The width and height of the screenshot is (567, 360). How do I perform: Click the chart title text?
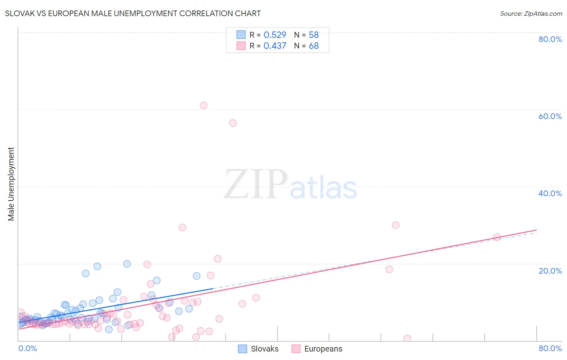[133, 13]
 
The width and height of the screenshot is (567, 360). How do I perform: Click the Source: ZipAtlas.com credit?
[531, 13]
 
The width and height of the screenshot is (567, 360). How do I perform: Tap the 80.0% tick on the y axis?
[550, 39]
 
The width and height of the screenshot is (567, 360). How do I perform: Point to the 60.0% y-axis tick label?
[550, 116]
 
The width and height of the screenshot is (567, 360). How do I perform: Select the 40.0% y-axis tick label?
[550, 193]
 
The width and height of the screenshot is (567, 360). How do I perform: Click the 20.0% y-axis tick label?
[550, 270]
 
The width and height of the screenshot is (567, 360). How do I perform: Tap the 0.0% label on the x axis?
[27, 348]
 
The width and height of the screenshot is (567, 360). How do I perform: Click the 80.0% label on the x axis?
[550, 348]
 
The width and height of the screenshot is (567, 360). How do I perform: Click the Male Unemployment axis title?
[11, 184]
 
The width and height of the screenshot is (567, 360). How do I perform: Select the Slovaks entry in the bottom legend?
[264, 349]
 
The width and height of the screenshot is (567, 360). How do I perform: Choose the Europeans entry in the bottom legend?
[323, 349]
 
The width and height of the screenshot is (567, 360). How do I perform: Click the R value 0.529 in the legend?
[275, 35]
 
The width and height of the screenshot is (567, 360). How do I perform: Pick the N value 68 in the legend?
[314, 46]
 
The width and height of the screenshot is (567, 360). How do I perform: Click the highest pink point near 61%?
[204, 105]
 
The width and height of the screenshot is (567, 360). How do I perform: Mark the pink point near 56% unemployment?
[233, 123]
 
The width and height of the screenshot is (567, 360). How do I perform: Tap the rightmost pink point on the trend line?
[497, 237]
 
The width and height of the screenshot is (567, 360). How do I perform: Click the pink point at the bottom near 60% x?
[407, 338]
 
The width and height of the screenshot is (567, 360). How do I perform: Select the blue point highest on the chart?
[127, 264]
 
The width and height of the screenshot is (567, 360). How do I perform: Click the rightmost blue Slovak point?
[196, 276]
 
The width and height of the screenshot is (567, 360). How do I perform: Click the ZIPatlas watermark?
[290, 185]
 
